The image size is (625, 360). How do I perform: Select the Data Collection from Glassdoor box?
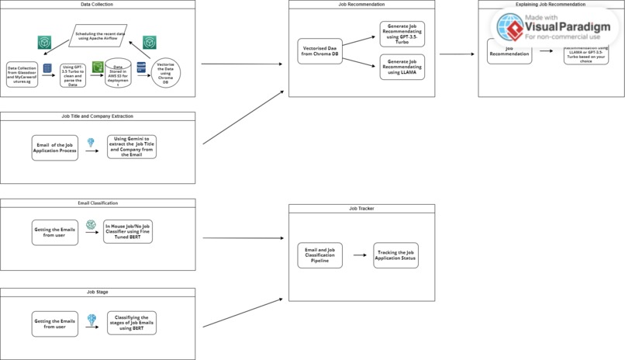click(22, 74)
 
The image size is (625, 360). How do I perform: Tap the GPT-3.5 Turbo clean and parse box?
click(73, 74)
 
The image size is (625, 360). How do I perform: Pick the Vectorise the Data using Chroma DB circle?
click(164, 75)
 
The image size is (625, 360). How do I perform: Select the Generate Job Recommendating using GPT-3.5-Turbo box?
click(402, 33)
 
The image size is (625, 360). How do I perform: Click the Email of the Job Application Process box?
click(55, 147)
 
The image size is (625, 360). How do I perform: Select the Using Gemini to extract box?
click(131, 147)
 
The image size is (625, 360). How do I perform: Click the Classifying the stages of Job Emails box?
click(131, 323)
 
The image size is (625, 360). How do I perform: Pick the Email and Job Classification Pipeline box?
click(319, 255)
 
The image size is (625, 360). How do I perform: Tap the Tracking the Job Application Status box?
click(395, 255)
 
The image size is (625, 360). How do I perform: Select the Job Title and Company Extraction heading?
click(98, 116)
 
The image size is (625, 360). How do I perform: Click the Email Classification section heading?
click(98, 202)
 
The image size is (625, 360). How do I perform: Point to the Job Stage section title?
click(98, 292)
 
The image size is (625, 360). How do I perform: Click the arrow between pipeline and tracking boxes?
click(358, 255)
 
